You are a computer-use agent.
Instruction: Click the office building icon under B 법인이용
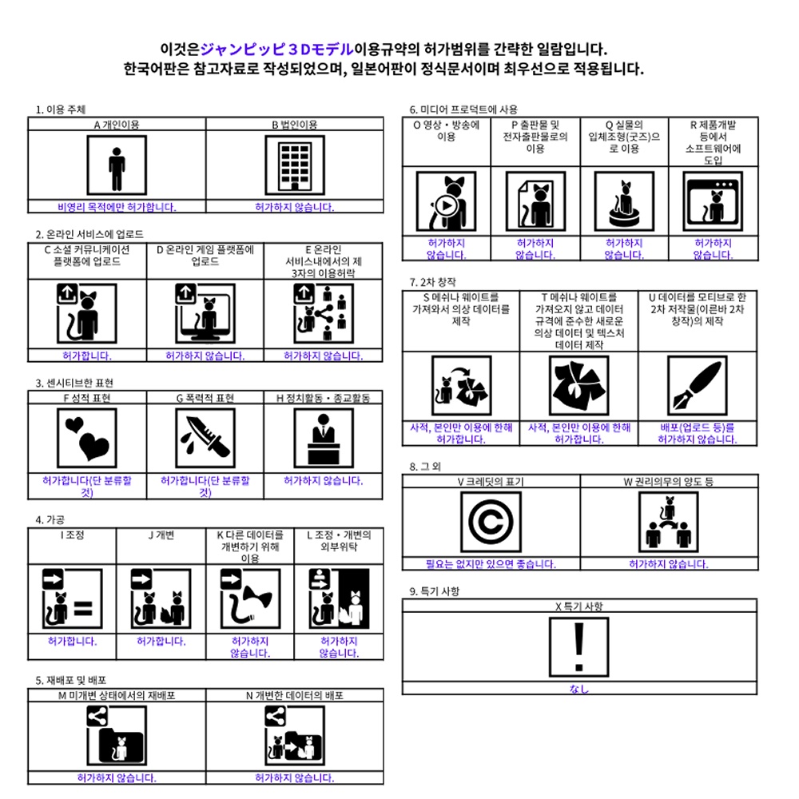coord(295,165)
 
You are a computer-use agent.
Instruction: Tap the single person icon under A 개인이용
coord(117,165)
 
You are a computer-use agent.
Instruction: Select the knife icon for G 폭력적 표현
coord(205,438)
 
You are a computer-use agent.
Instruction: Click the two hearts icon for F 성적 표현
coord(87,438)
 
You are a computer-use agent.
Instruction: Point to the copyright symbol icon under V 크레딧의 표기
coord(491,522)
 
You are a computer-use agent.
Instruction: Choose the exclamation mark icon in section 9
coord(578,647)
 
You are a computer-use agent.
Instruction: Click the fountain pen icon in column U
coord(697,386)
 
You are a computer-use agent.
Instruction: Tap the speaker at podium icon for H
coord(324,438)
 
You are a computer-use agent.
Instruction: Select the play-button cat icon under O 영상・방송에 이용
coord(447,201)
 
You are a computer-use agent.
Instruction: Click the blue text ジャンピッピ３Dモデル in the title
coord(276,50)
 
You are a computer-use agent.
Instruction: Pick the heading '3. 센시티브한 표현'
coord(74,384)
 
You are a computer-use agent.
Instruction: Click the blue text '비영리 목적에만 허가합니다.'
coord(117,207)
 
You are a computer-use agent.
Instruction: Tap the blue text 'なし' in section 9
coord(578,689)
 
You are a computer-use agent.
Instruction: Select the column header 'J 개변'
coord(161,535)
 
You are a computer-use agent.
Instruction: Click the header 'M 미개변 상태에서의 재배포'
coord(117,696)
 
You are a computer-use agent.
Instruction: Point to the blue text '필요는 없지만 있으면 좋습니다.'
coord(491,564)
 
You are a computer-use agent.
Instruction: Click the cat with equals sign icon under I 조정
coord(73,598)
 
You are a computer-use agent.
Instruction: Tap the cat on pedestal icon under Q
coord(624,201)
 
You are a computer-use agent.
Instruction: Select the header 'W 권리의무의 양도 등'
coord(669,482)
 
